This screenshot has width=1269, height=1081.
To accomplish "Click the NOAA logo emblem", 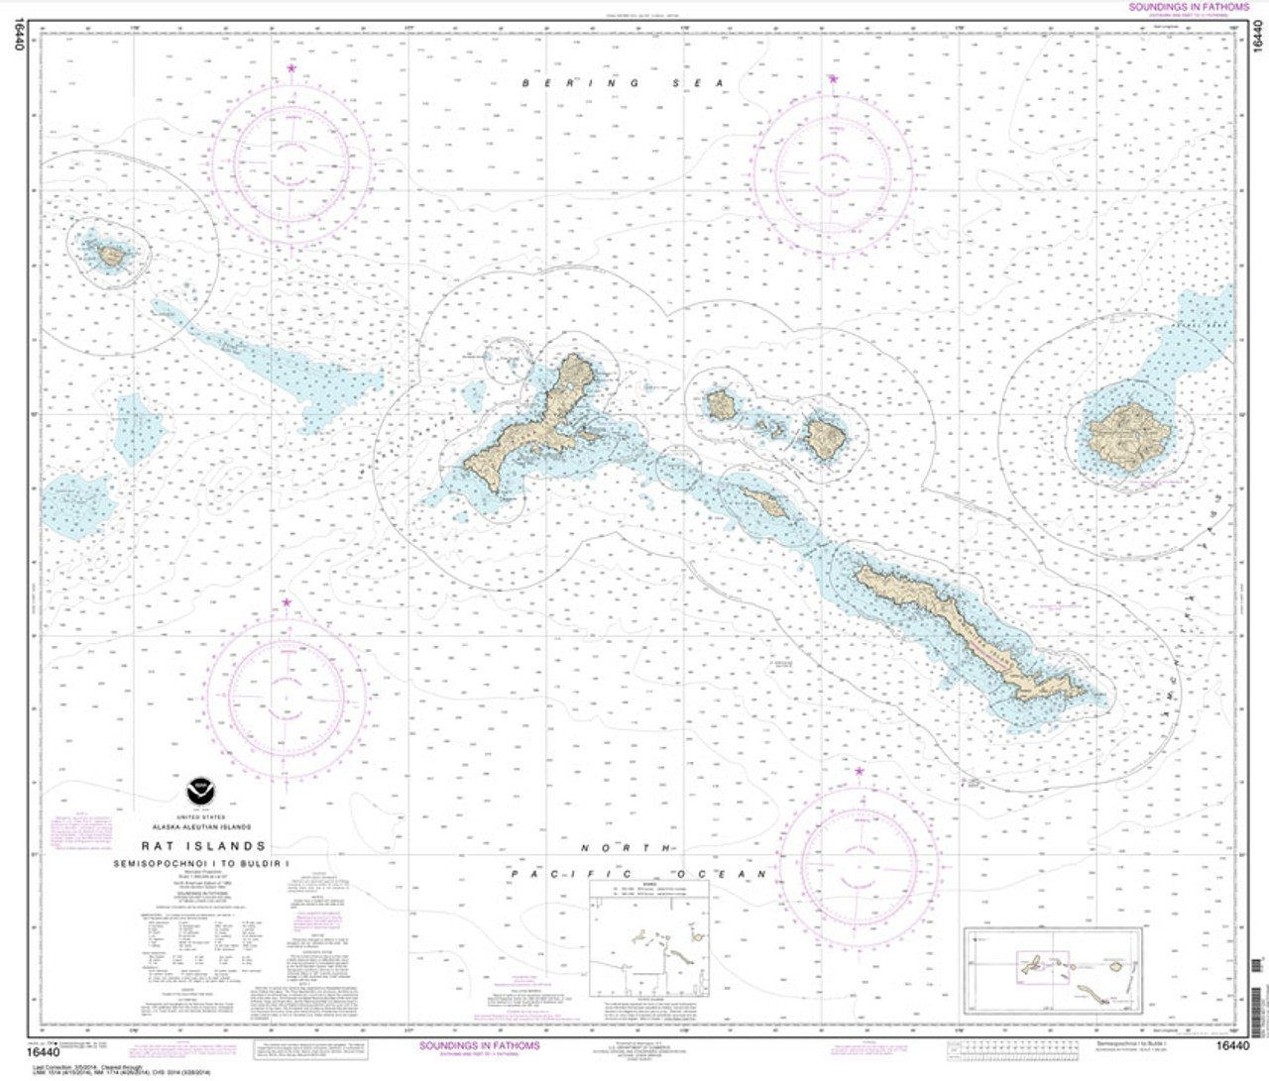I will point(199,793).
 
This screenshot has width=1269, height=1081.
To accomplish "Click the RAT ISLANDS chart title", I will point(203,846).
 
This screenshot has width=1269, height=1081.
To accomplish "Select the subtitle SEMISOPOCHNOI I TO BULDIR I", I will point(203,864).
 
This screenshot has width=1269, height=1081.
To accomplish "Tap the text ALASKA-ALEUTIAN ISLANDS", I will point(201,826).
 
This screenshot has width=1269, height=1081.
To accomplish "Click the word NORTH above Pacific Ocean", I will point(629,848).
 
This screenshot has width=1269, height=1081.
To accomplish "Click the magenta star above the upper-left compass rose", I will point(290,68).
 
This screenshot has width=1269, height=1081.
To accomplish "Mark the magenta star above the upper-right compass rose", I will point(833,79).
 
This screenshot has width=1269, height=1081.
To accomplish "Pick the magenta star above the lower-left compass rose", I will point(287,602).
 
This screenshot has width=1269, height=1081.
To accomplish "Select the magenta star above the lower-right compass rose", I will point(859,771).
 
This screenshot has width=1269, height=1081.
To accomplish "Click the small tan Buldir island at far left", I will point(111,256).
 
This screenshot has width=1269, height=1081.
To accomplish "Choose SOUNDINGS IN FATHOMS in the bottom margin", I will point(480,1046).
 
